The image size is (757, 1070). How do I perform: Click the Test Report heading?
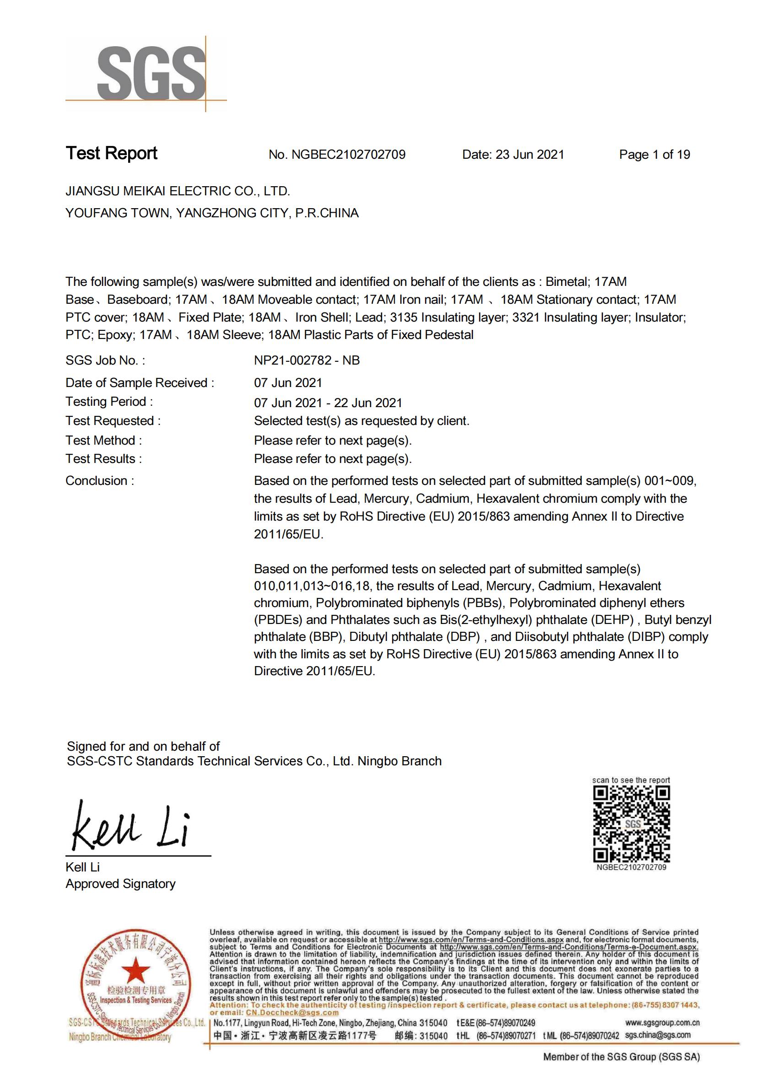pyautogui.click(x=111, y=153)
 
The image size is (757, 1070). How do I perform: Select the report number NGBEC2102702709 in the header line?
pyautogui.click(x=348, y=155)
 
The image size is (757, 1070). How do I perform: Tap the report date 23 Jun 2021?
pyautogui.click(x=530, y=155)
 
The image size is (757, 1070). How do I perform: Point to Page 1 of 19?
pyautogui.click(x=654, y=155)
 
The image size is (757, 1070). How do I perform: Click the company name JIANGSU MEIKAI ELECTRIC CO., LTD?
pyautogui.click(x=178, y=191)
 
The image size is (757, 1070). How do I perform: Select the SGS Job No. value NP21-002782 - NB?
pyautogui.click(x=307, y=360)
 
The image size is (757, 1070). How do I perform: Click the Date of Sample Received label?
pyautogui.click(x=140, y=382)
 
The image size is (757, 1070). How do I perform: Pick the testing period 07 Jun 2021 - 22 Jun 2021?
pyautogui.click(x=328, y=403)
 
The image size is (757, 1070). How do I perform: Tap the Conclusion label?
pyautogui.click(x=100, y=480)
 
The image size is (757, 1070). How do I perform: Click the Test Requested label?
pyautogui.click(x=113, y=421)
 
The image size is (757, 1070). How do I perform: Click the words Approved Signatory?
pyautogui.click(x=120, y=884)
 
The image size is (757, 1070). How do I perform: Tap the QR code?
pyautogui.click(x=631, y=823)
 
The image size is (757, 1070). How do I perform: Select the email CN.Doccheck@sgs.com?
pyautogui.click(x=292, y=1013)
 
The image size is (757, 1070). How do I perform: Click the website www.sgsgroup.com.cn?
pyautogui.click(x=662, y=1023)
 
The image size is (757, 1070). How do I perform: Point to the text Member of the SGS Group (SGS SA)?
pyautogui.click(x=622, y=1057)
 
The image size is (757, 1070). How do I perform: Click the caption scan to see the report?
pyautogui.click(x=631, y=780)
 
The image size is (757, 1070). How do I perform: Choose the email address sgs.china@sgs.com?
pyautogui.click(x=658, y=1035)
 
